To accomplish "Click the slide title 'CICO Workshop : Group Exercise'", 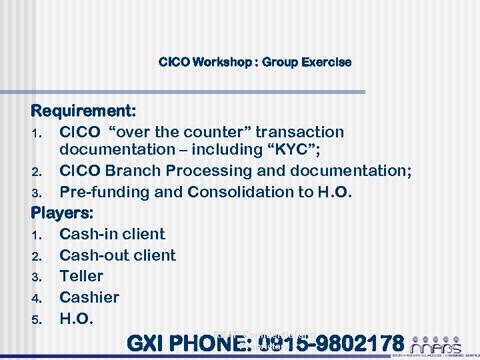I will (x=255, y=62).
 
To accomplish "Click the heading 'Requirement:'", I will (x=84, y=109).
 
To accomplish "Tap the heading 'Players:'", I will (x=63, y=213).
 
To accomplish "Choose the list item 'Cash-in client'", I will (x=112, y=234).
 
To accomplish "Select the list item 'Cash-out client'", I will (x=117, y=255).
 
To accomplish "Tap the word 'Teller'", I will (x=81, y=276).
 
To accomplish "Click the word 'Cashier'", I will (x=89, y=297).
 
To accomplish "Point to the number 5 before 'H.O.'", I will (x=37, y=319).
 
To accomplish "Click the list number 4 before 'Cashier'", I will (x=37, y=298).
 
